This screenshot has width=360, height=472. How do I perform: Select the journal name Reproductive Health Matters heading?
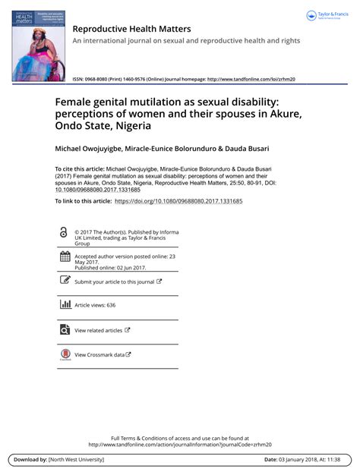click(131, 29)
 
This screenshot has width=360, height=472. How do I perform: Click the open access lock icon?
click(64, 231)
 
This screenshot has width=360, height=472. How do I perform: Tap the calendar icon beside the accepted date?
click(64, 258)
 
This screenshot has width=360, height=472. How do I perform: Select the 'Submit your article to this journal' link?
click(114, 282)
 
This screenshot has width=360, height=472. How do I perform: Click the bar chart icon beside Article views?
click(64, 304)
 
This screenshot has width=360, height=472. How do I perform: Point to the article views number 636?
click(111, 305)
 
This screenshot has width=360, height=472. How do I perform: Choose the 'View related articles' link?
click(99, 330)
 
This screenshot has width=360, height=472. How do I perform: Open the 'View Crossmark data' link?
click(99, 354)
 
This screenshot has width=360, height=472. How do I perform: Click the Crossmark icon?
click(64, 354)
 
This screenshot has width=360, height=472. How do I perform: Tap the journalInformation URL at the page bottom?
click(180, 445)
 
